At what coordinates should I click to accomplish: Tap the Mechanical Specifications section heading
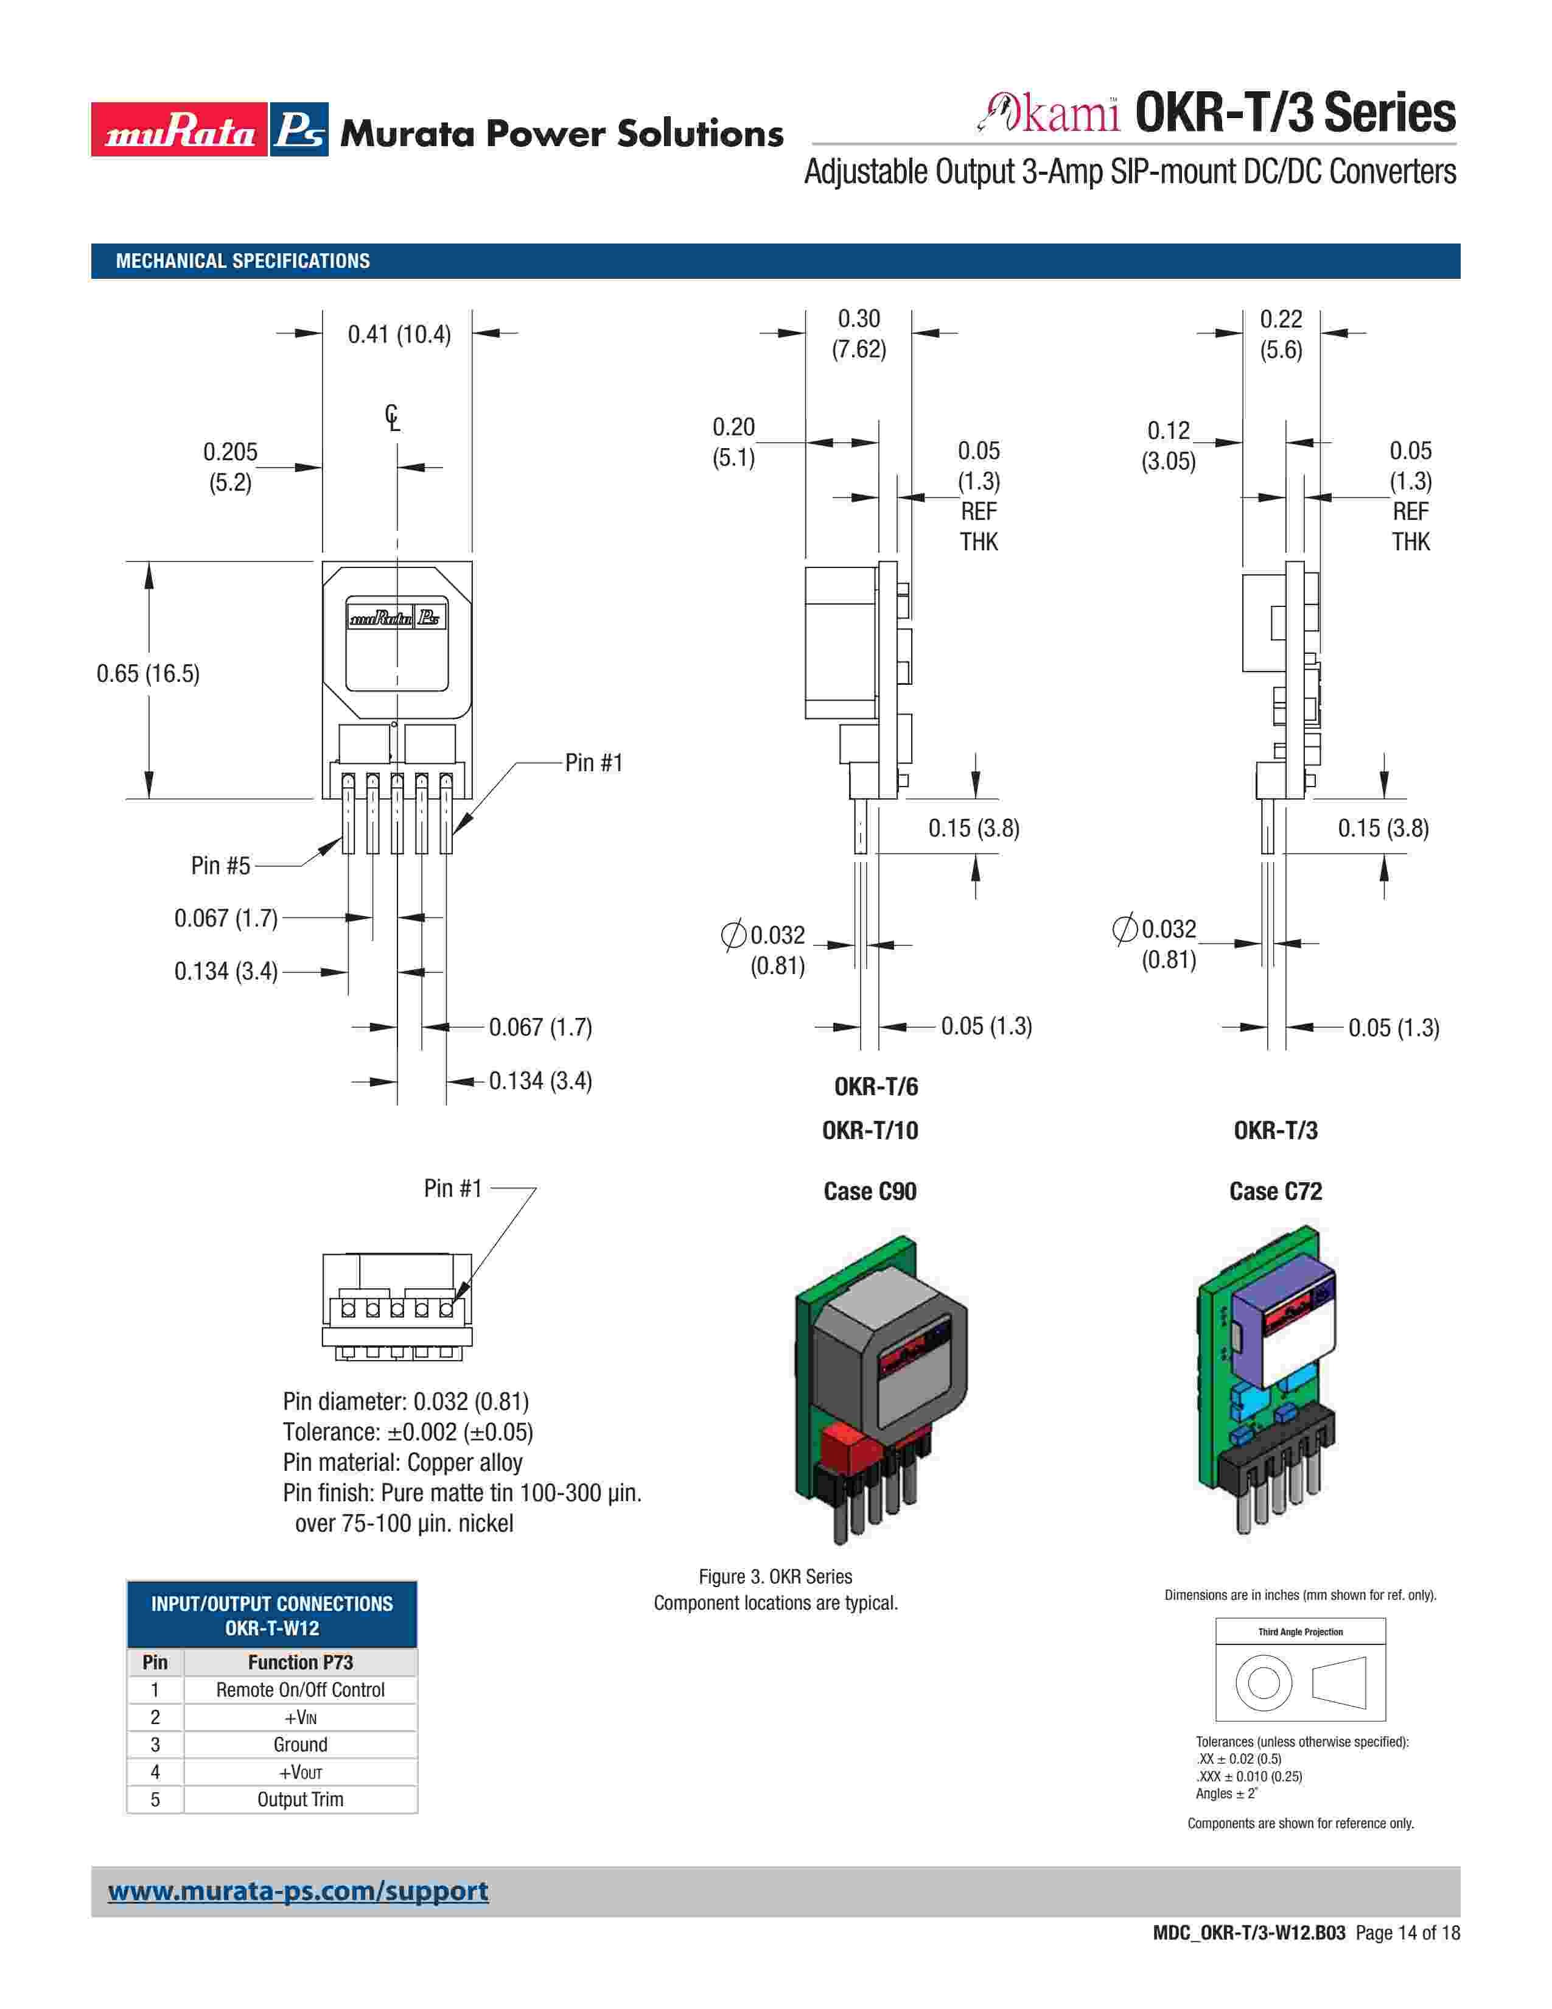click(243, 261)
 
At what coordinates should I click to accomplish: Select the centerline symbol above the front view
click(393, 419)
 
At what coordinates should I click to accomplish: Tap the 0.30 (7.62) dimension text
click(859, 334)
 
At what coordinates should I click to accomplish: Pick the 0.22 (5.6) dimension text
click(1281, 334)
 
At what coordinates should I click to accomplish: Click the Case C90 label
click(870, 1191)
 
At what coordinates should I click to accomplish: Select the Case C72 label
click(1275, 1191)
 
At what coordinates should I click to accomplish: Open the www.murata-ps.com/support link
click(298, 1892)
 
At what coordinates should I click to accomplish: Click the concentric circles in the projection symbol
click(1264, 1683)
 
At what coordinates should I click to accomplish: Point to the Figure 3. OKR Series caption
click(775, 1577)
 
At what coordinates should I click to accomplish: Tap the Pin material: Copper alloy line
click(403, 1462)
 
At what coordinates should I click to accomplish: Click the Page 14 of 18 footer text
click(1407, 1933)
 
